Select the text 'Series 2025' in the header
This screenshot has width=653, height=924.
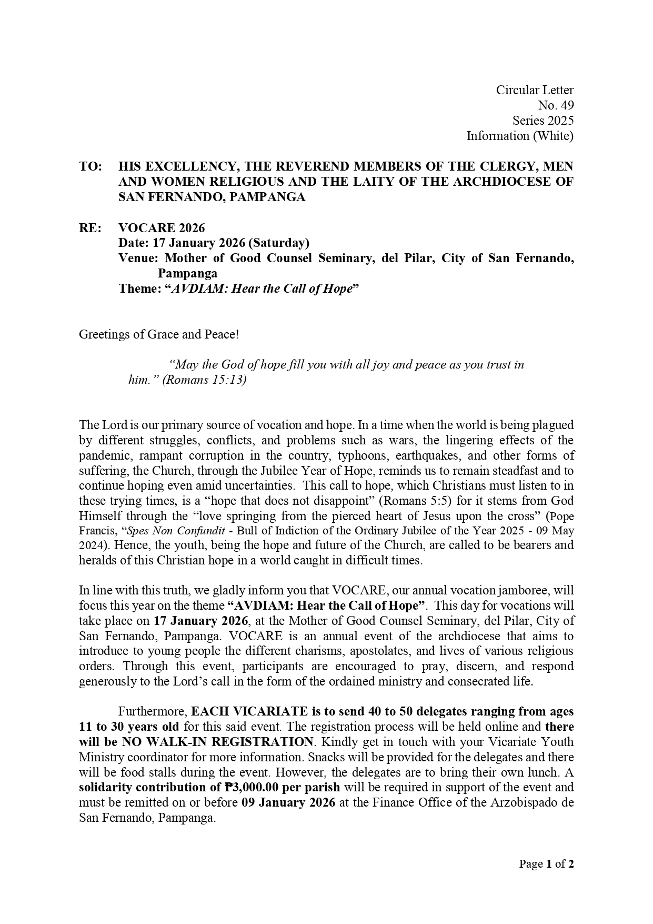pyautogui.click(x=543, y=121)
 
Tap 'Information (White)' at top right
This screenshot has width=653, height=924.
pyautogui.click(x=520, y=136)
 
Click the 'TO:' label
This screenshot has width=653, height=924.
pyautogui.click(x=90, y=166)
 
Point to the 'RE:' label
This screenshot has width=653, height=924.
pyautogui.click(x=89, y=228)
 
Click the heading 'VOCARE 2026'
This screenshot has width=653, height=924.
pyautogui.click(x=162, y=228)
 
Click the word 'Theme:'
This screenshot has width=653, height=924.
pyautogui.click(x=139, y=289)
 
